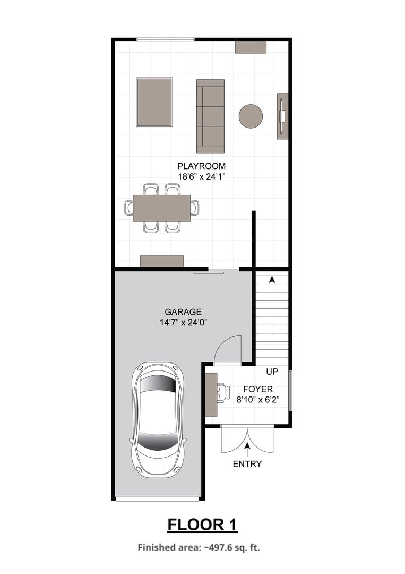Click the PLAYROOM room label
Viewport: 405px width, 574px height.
pyautogui.click(x=201, y=166)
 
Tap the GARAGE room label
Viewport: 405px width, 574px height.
pyautogui.click(x=183, y=312)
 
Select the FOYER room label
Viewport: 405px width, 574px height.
pyautogui.click(x=258, y=389)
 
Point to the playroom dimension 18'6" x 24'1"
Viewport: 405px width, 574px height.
pyautogui.click(x=201, y=177)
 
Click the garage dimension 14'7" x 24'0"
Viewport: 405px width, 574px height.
pyautogui.click(x=184, y=323)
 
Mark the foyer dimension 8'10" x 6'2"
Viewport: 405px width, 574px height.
pyautogui.click(x=258, y=399)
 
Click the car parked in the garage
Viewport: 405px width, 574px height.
pyautogui.click(x=158, y=420)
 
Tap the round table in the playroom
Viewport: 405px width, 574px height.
pyautogui.click(x=251, y=116)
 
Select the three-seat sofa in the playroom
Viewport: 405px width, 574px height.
pyautogui.click(x=210, y=116)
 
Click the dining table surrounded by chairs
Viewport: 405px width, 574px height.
pyautogui.click(x=161, y=208)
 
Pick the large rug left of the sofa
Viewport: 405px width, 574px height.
pyautogui.click(x=154, y=102)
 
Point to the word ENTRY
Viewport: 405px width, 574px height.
pyautogui.click(x=247, y=464)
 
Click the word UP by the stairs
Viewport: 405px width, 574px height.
pyautogui.click(x=272, y=372)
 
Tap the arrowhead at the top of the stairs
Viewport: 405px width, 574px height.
pyautogui.click(x=272, y=279)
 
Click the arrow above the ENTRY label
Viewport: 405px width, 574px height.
pyautogui.click(x=247, y=450)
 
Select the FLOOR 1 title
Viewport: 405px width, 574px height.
pyautogui.click(x=202, y=525)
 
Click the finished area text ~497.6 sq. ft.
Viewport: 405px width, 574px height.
pyautogui.click(x=231, y=547)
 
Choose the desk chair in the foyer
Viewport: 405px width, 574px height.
pyautogui.click(x=223, y=393)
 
